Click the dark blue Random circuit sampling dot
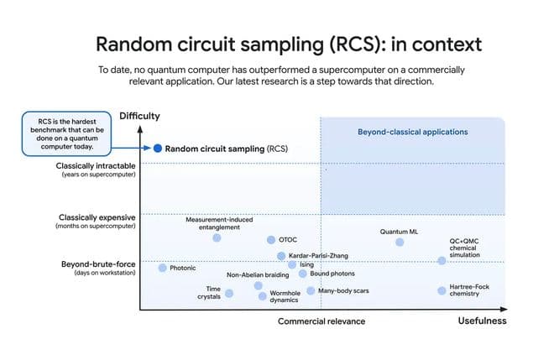(157, 148)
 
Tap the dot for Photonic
(163, 268)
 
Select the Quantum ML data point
(400, 242)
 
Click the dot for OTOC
(271, 240)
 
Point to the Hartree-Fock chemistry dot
(442, 290)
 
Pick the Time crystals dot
(229, 293)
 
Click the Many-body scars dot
(311, 290)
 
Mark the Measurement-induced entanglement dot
(217, 237)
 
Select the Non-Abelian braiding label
(259, 275)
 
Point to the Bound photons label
(332, 274)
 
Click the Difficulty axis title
(139, 116)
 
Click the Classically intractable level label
(96, 166)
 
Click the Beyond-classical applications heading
(413, 132)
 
